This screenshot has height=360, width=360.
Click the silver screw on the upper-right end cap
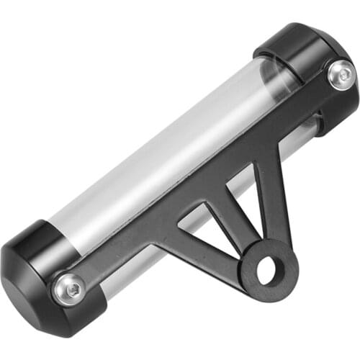tap(340, 74)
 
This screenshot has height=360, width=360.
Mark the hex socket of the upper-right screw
tap(340, 74)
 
